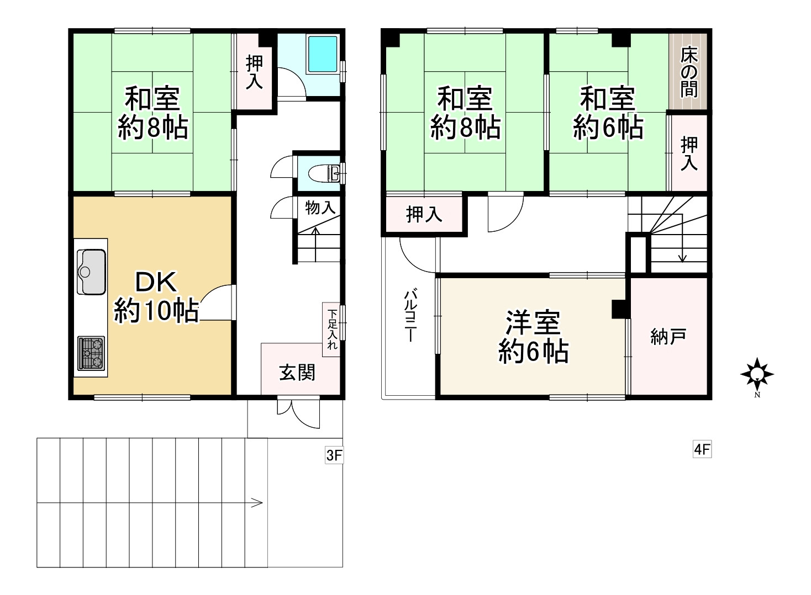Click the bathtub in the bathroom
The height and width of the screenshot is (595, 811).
tap(322, 54)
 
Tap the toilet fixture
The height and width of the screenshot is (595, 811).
tap(324, 173)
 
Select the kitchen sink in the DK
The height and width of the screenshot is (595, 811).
tap(91, 272)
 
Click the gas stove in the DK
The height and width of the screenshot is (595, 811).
tap(91, 353)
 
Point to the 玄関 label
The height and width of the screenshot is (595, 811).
tap(297, 373)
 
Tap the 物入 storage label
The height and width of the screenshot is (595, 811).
tap(320, 208)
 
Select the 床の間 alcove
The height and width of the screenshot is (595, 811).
tap(688, 72)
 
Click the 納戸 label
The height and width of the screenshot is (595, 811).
tap(668, 337)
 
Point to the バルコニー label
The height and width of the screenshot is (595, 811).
tap(410, 315)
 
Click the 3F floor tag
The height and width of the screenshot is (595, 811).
tap(334, 455)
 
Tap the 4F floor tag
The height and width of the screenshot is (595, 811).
tap(702, 450)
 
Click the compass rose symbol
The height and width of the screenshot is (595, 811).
tap(757, 374)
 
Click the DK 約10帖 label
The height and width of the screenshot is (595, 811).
tap(156, 296)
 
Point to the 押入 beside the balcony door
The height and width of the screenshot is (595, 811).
tap(424, 214)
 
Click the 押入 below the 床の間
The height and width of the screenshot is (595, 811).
tap(689, 153)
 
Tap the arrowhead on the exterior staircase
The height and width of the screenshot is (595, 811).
tap(257, 503)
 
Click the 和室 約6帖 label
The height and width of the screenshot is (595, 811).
tap(608, 113)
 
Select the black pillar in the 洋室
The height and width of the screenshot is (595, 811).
tap(621, 309)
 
